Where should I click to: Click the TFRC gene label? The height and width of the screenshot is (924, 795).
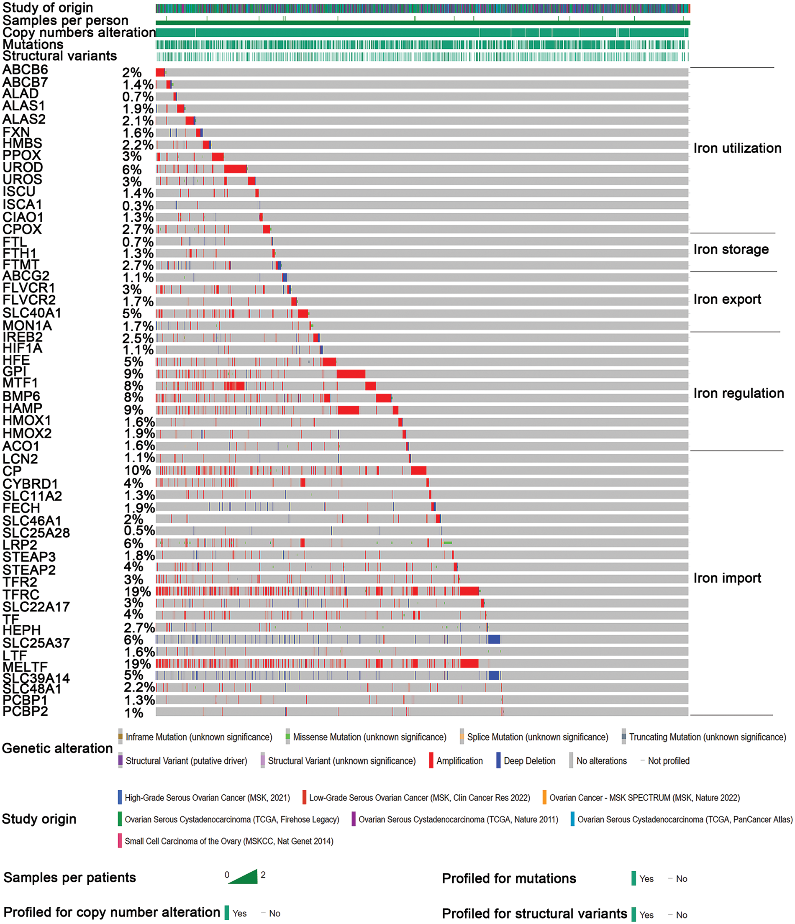(x=21, y=594)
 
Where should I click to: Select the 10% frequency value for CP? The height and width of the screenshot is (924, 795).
(x=137, y=471)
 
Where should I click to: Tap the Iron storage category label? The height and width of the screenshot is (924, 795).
(x=731, y=249)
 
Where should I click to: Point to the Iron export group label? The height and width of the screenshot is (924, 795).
(x=727, y=299)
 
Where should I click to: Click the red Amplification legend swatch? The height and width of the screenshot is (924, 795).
(x=431, y=760)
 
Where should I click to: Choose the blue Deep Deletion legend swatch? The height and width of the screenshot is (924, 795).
(x=498, y=760)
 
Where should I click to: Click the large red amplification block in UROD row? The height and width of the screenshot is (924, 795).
(x=235, y=169)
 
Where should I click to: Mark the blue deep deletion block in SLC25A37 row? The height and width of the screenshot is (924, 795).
(x=494, y=640)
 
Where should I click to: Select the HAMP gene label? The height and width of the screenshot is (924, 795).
(x=22, y=408)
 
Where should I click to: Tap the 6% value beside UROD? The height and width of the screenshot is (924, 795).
(x=132, y=170)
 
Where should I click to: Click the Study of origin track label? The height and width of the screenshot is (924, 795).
(x=48, y=8)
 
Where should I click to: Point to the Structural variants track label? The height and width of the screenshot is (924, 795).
(x=60, y=56)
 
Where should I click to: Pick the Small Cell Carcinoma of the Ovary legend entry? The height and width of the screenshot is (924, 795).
(x=229, y=841)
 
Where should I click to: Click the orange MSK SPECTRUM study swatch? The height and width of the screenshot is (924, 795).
(x=544, y=797)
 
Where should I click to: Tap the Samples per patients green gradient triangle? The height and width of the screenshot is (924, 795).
(x=246, y=877)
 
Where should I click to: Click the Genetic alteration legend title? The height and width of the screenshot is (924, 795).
(x=57, y=748)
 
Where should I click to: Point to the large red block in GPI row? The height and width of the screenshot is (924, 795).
(x=351, y=374)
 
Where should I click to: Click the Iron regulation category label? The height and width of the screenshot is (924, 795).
(x=739, y=393)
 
